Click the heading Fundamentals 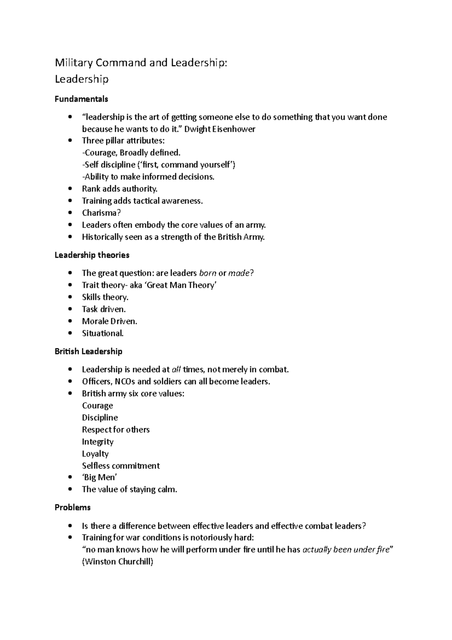(x=81, y=99)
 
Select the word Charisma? (x=101, y=213)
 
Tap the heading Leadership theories (x=92, y=255)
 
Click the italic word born (x=208, y=273)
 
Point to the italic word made (x=239, y=273)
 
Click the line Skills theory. (x=105, y=297)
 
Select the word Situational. (x=103, y=334)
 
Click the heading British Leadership (x=89, y=351)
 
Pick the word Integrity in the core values (x=98, y=442)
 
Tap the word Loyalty (x=95, y=454)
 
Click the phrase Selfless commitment (x=121, y=466)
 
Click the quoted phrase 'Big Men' (x=100, y=478)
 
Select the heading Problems (x=73, y=508)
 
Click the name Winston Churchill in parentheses (x=118, y=562)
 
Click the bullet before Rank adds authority (x=70, y=189)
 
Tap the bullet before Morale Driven (x=70, y=322)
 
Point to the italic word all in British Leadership (x=176, y=370)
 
